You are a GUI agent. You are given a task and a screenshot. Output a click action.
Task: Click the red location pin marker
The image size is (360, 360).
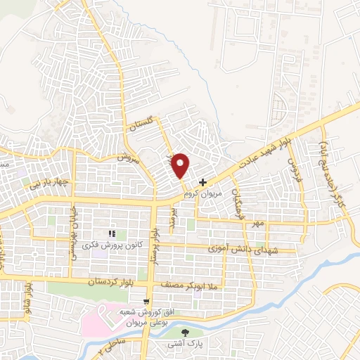pos(181,165)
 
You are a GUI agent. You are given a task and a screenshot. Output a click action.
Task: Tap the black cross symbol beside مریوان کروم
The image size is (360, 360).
pos(203,181)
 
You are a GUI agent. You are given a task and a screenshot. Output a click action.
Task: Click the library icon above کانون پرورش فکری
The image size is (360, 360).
pos(110,233)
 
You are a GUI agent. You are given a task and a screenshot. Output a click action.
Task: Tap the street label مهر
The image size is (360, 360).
pos(258,224)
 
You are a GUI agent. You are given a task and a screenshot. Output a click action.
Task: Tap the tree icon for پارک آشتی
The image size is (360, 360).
pos(186,333)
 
